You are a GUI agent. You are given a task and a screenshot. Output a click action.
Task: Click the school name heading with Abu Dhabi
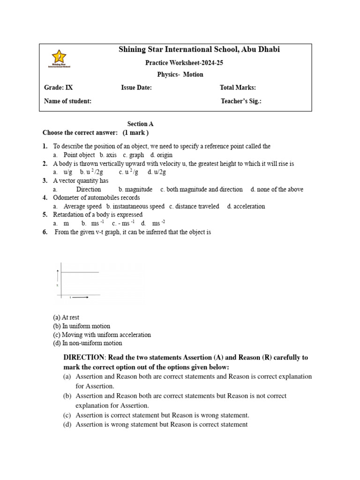click(199, 50)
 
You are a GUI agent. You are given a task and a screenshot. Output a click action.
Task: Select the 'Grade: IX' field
click(59, 88)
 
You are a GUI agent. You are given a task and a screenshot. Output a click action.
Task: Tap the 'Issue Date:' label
click(136, 88)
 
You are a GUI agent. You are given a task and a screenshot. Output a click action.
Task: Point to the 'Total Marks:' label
click(238, 88)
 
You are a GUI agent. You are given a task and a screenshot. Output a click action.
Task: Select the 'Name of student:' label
click(67, 101)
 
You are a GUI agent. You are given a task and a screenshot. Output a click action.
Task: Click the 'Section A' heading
click(141, 124)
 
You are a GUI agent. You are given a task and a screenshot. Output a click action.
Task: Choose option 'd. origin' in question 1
click(162, 155)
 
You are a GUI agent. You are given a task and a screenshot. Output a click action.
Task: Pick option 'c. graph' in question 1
click(134, 155)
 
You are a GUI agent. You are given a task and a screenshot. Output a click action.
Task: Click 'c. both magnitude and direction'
click(202, 189)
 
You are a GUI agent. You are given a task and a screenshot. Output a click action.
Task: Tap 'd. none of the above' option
click(277, 189)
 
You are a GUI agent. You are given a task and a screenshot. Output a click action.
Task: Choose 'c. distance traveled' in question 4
click(194, 206)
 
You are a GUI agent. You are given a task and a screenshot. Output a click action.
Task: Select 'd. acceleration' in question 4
click(246, 206)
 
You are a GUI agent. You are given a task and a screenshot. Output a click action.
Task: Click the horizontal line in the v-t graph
click(78, 272)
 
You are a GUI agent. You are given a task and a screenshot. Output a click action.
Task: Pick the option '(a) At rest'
click(66, 317)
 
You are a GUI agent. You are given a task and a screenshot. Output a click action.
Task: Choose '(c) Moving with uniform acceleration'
click(102, 335)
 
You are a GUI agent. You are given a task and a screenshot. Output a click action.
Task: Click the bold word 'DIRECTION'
click(84, 357)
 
